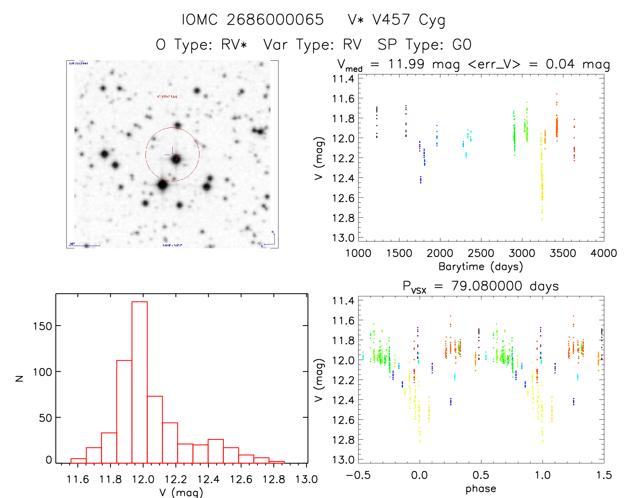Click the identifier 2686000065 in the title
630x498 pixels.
point(275,20)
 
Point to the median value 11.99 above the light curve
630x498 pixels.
point(406,64)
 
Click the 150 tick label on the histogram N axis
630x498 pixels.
point(42,326)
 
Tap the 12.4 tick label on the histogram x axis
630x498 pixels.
point(208,479)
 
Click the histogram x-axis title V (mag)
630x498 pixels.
point(181,492)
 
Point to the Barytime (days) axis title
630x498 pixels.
point(481,267)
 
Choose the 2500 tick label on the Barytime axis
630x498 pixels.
point(481,253)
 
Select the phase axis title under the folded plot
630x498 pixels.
point(481,489)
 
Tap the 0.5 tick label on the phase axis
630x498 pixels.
point(481,475)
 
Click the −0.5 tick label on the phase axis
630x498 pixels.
point(358,475)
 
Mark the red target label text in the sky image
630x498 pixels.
point(167,97)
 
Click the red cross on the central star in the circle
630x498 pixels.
point(177,159)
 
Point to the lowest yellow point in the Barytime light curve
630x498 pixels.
point(542,219)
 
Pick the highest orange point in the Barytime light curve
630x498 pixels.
point(557,94)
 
